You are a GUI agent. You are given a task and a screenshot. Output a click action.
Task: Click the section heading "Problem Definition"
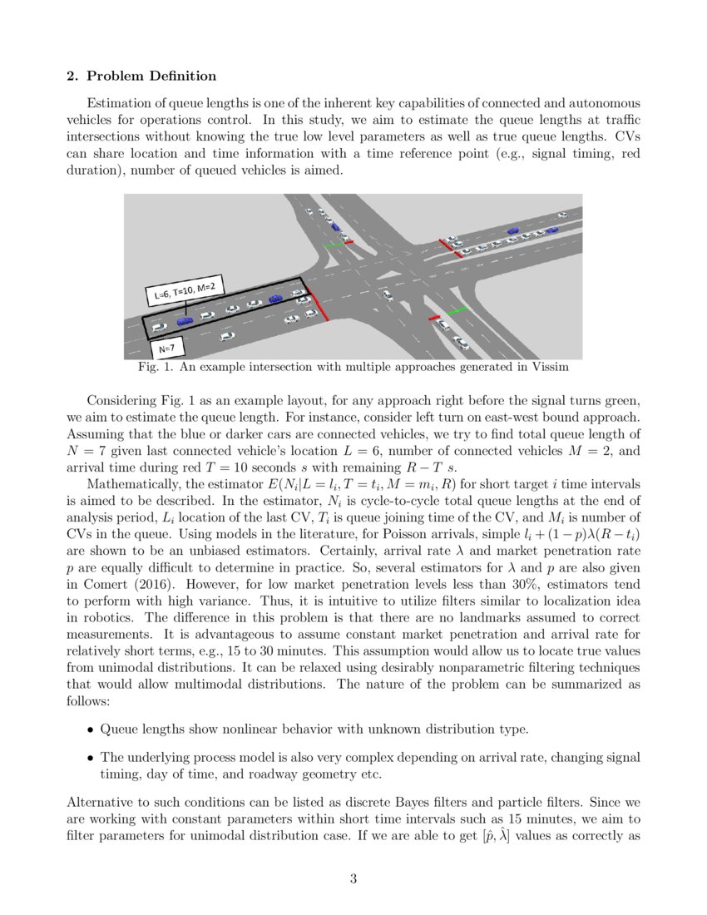pos(151,77)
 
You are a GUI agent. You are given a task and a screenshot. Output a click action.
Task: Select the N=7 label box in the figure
pos(167,344)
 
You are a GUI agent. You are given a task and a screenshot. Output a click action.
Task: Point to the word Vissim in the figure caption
pos(549,366)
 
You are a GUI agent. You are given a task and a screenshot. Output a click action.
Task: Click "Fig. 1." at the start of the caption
pos(152,366)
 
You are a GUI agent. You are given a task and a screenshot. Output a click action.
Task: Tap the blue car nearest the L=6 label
pos(185,319)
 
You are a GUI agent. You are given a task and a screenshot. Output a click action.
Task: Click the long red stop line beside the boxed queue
pos(317,305)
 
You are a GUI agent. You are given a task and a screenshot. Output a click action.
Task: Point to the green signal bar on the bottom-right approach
pos(457,309)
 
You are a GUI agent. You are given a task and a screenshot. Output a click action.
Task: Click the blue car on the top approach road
pos(334,225)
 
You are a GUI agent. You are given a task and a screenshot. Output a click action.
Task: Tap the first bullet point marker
pos(91,730)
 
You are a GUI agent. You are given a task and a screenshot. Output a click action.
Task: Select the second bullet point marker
pos(91,758)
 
